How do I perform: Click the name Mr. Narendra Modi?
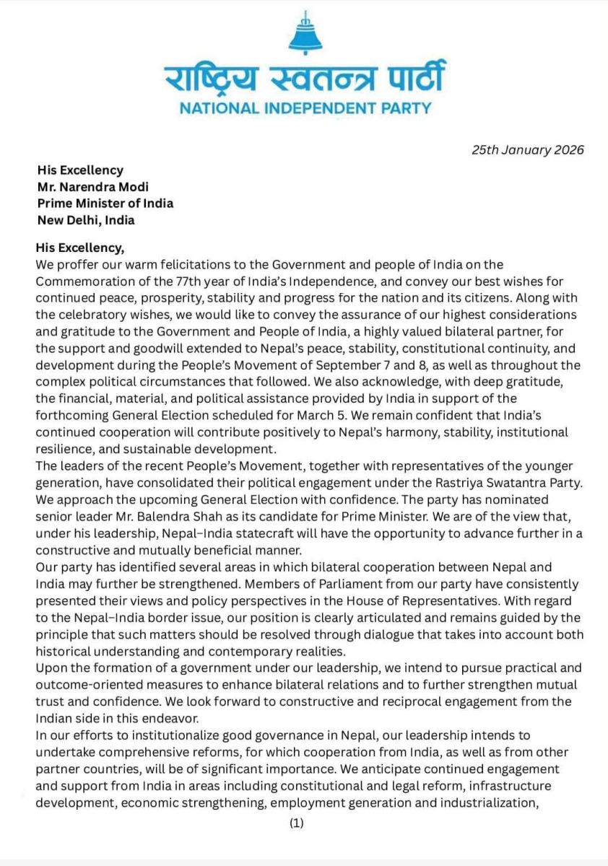coord(93,187)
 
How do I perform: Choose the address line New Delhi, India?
coord(86,219)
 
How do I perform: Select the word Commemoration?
coord(82,281)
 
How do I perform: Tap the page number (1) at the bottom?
coord(297,822)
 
